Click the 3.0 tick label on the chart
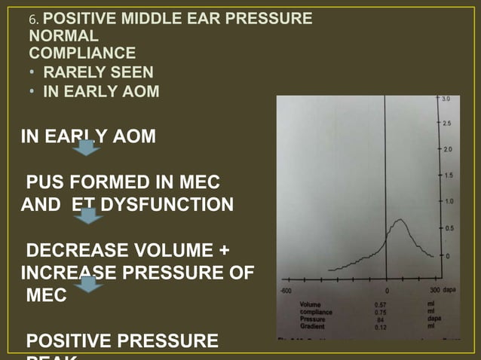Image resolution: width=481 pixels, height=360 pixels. pyautogui.click(x=446, y=99)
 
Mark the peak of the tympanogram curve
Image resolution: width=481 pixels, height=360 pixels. pyautogui.click(x=400, y=220)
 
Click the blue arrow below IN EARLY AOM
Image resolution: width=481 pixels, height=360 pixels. pyautogui.click(x=87, y=149)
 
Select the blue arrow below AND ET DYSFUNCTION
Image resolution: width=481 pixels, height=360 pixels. pyautogui.click(x=90, y=216)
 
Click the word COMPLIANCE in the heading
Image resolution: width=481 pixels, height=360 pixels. pyautogui.click(x=83, y=53)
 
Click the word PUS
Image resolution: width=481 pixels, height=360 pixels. pyautogui.click(x=43, y=183)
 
